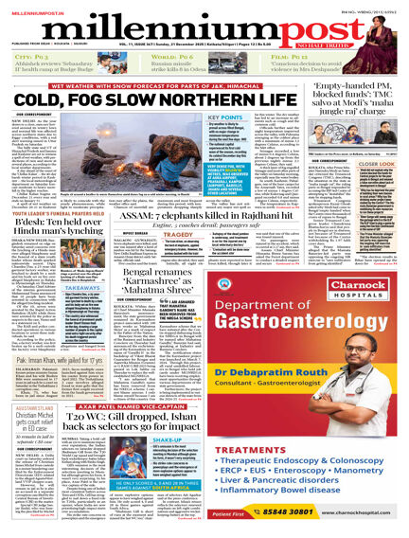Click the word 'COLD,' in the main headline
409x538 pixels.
(41, 98)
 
